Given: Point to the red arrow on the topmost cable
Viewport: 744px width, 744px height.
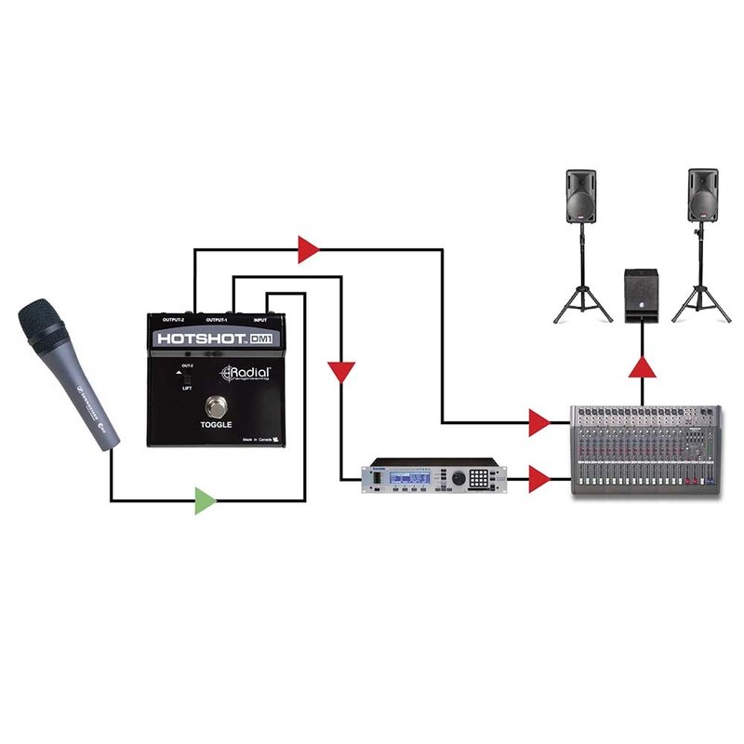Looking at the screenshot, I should tap(308, 248).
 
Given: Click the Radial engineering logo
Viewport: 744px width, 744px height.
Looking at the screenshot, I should tap(246, 374).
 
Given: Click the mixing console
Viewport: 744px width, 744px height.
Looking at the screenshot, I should tap(646, 449).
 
